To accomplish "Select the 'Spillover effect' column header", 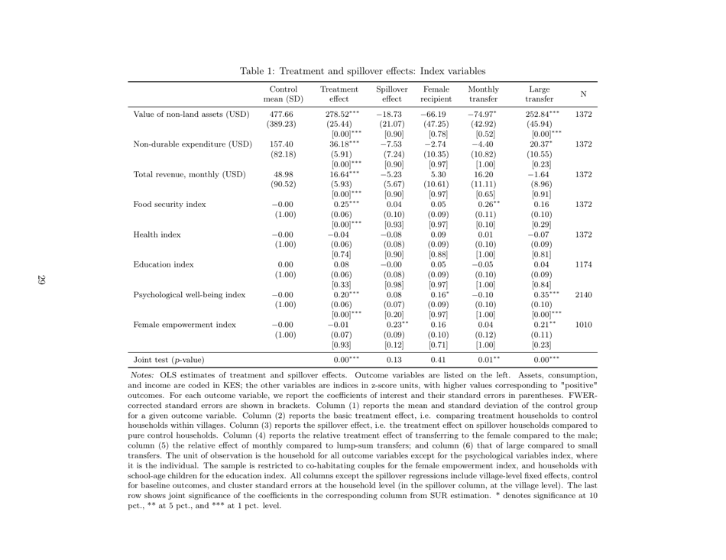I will pyautogui.click(x=391, y=93).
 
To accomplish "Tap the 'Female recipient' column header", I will pyautogui.click(x=436, y=93).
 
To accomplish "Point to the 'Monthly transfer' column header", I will pyautogui.click(x=483, y=93).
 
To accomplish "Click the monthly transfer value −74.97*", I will pyautogui.click(x=483, y=115).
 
